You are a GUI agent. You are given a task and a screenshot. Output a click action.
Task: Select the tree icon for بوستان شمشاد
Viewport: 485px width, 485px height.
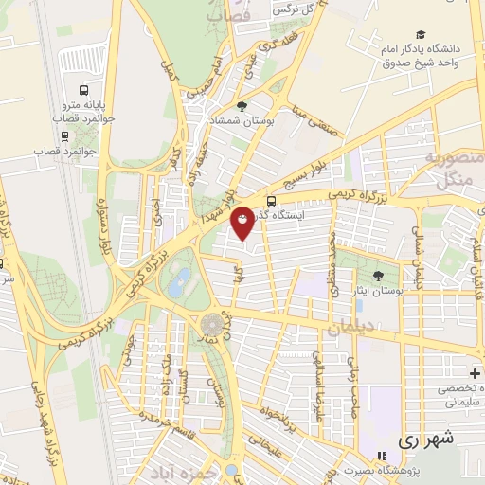click(x=242, y=106)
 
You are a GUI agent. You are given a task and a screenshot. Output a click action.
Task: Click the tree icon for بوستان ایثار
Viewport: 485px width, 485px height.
click(x=378, y=275)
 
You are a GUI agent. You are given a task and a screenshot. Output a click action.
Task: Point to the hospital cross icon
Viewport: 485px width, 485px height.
click(x=475, y=372)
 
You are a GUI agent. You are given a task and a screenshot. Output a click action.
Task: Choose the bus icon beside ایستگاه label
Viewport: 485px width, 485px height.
click(x=272, y=201)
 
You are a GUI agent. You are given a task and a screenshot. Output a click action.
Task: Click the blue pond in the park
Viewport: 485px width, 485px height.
click(x=180, y=278)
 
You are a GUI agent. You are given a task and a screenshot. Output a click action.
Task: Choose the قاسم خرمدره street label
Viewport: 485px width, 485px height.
click(x=158, y=416)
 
